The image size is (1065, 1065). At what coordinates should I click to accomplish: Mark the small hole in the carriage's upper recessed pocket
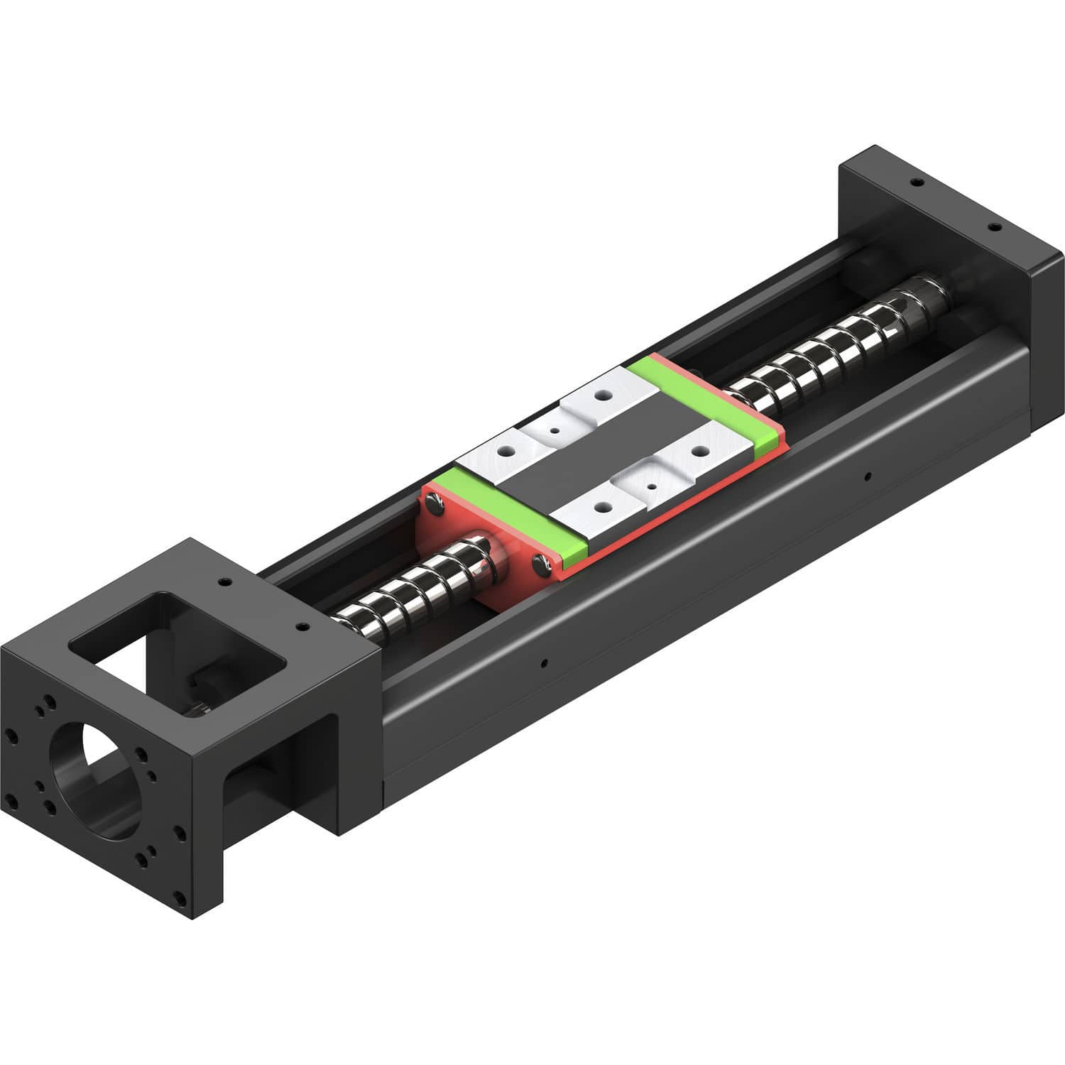coord(555,430)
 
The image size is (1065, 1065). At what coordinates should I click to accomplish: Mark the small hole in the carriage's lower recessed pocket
coord(652,487)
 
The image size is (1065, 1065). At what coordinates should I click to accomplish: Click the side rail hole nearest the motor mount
coord(544,664)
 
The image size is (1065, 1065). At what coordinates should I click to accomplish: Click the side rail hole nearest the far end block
coord(866,475)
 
